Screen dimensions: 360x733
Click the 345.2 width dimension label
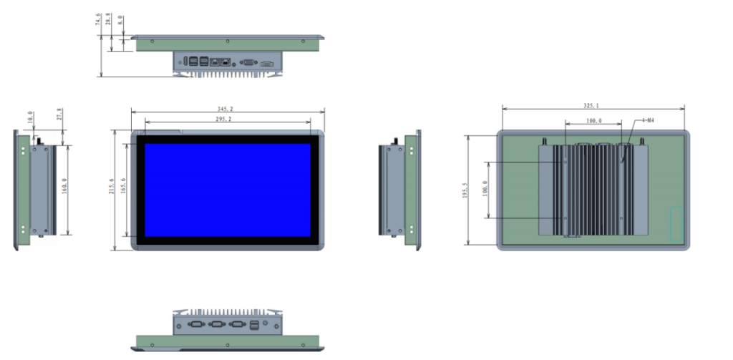point(227,109)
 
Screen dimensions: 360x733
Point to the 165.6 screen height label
point(124,190)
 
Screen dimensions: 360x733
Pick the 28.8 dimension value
point(109,19)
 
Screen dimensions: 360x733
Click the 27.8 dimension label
point(59,115)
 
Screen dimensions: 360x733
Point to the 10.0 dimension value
point(30,117)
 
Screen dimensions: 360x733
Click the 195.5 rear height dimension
point(465,192)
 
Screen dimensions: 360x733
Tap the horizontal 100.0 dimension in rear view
point(593,121)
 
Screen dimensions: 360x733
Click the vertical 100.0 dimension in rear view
point(487,190)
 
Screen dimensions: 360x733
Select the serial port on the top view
point(250,62)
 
